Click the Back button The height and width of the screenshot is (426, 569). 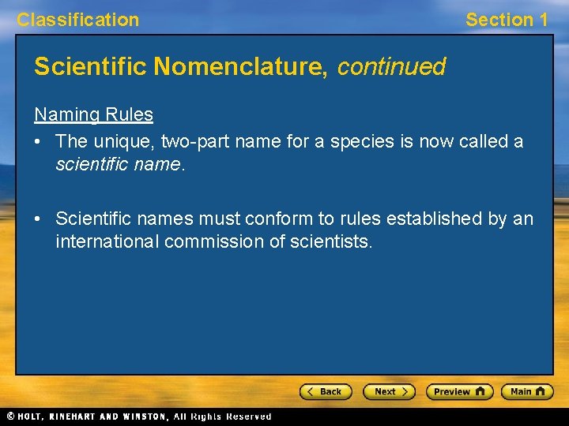[x=325, y=391]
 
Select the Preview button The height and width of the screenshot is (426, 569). [x=459, y=391]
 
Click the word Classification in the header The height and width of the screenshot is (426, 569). [x=77, y=20]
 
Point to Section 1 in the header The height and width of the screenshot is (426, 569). [x=507, y=20]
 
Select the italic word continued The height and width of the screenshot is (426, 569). [x=391, y=66]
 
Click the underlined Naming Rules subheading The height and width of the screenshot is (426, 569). [x=93, y=114]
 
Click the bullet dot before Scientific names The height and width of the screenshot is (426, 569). [x=39, y=218]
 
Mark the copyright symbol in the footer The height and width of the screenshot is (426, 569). [x=10, y=417]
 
